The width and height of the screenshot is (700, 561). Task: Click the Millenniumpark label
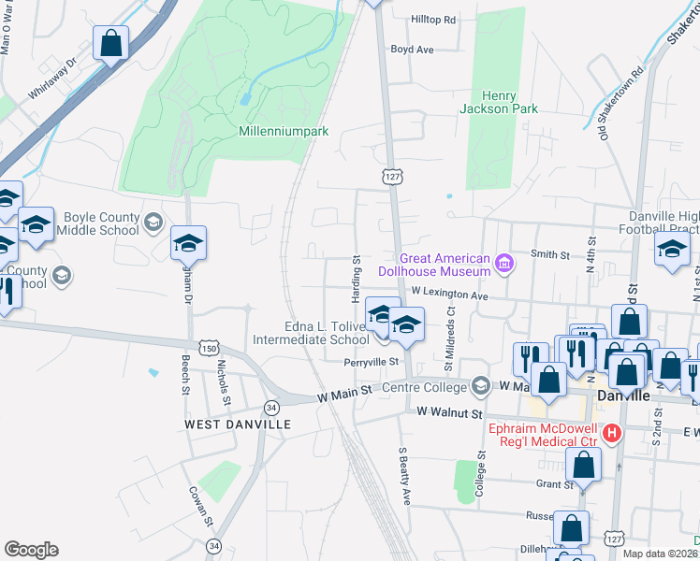tap(284, 132)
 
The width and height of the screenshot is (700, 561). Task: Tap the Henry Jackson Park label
tap(498, 102)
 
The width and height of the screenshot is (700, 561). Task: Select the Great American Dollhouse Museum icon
tap(504, 264)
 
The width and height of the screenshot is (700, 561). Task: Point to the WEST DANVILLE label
tap(238, 424)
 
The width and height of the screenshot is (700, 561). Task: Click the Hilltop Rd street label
tap(433, 20)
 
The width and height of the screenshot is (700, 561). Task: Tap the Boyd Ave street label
tap(412, 50)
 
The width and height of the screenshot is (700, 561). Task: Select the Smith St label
tap(549, 254)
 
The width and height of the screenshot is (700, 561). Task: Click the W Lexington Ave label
tap(450, 295)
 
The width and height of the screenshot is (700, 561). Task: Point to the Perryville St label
tap(372, 361)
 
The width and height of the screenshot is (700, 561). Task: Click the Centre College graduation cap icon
tap(481, 386)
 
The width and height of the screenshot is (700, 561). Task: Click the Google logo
tap(31, 550)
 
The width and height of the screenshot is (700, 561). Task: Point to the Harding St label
tap(357, 277)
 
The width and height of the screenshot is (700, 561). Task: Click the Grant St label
tap(554, 484)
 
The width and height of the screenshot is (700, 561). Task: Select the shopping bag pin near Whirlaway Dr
tap(110, 43)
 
